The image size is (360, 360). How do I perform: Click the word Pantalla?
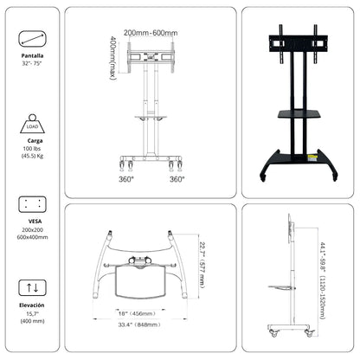(x=32, y=55)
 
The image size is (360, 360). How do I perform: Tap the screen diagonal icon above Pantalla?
(x=32, y=39)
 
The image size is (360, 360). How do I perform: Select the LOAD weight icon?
(x=32, y=124)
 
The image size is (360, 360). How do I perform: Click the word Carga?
(x=35, y=141)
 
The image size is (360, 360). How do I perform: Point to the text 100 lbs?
(x=32, y=149)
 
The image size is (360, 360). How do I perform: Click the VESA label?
(x=35, y=222)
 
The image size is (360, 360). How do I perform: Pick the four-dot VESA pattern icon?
(x=32, y=204)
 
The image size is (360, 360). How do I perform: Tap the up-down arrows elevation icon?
(x=32, y=287)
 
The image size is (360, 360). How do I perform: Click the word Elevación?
(x=32, y=305)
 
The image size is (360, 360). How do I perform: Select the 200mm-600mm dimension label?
(x=151, y=33)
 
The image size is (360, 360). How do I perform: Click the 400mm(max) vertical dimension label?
(x=112, y=58)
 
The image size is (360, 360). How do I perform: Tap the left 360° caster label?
(x=126, y=179)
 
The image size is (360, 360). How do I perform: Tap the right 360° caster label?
(x=177, y=179)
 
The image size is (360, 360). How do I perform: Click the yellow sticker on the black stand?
(x=312, y=157)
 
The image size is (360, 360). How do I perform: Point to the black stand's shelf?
(x=299, y=113)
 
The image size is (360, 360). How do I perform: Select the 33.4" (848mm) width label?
(x=139, y=325)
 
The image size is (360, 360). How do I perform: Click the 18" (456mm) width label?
(x=138, y=313)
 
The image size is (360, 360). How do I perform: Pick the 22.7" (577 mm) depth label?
(x=202, y=265)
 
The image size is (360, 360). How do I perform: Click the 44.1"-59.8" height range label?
(x=323, y=280)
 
